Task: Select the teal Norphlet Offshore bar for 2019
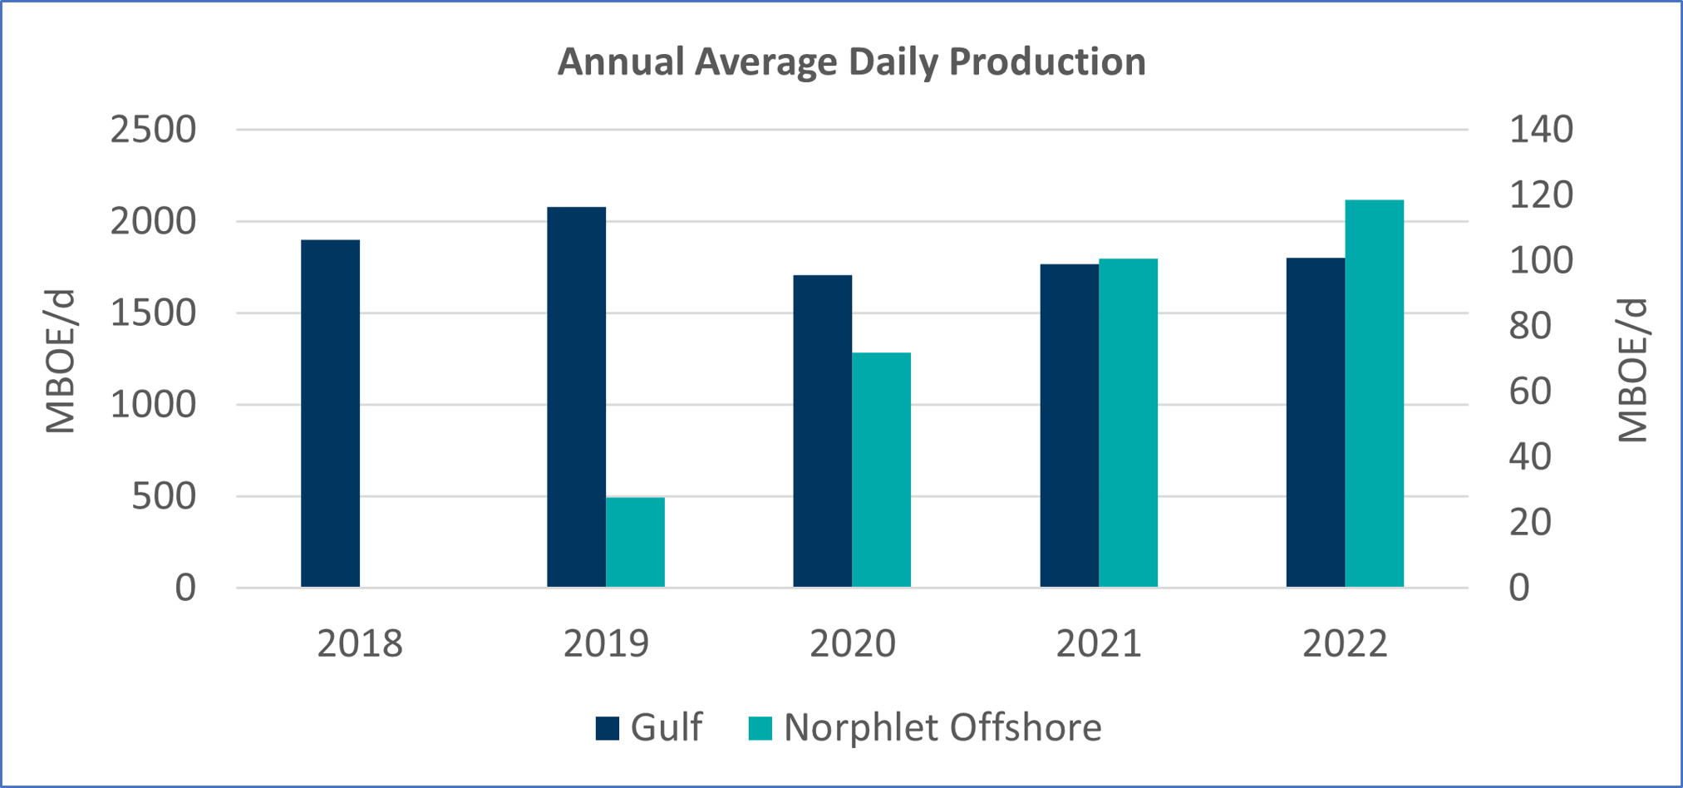pyautogui.click(x=635, y=542)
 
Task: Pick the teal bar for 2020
pyautogui.click(x=881, y=470)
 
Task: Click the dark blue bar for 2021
pyautogui.click(x=1069, y=426)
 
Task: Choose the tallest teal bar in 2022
pyautogui.click(x=1374, y=393)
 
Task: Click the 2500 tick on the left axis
pyautogui.click(x=153, y=130)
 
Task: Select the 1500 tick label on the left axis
pyautogui.click(x=153, y=313)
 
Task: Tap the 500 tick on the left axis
pyautogui.click(x=164, y=496)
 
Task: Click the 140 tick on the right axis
pyautogui.click(x=1541, y=130)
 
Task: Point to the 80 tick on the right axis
pyautogui.click(x=1530, y=326)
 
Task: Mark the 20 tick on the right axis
pyautogui.click(x=1530, y=522)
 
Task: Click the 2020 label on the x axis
pyautogui.click(x=852, y=643)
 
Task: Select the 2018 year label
pyautogui.click(x=359, y=643)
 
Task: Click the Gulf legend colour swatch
pyautogui.click(x=608, y=728)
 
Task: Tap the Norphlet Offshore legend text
pyautogui.click(x=942, y=727)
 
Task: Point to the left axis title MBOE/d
pyautogui.click(x=60, y=362)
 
